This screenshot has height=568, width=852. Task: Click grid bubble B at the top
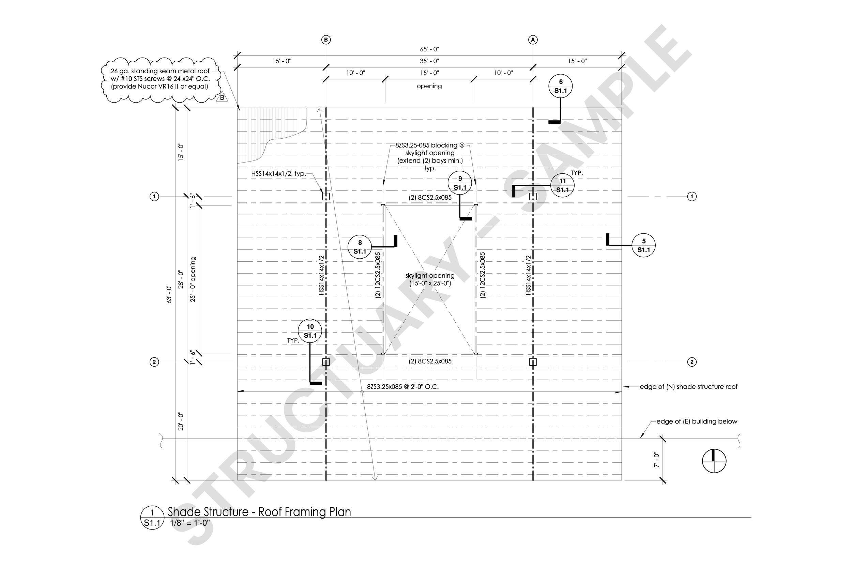pos(326,40)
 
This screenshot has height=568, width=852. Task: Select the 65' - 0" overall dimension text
pos(430,49)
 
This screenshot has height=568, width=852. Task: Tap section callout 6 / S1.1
pos(560,86)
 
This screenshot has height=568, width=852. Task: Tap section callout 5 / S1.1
pos(643,246)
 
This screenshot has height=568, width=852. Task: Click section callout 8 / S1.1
pos(360,247)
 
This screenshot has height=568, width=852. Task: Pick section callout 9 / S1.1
pos(460,183)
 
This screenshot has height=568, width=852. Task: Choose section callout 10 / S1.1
pos(310,331)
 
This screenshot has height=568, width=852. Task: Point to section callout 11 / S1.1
pos(562,185)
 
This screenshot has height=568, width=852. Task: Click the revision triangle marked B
pos(222,97)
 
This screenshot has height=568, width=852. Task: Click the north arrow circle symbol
pos(714,461)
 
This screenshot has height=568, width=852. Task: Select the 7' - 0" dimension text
pos(656,459)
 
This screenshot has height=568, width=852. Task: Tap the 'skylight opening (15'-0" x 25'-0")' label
pos(430,279)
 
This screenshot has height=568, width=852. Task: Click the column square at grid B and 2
pos(326,362)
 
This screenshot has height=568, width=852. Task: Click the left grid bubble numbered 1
pos(154,196)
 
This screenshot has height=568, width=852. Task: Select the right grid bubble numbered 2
pos(691,362)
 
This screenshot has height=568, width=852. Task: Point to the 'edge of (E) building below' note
pos(697,421)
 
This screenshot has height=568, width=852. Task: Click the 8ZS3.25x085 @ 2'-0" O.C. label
pos(403,386)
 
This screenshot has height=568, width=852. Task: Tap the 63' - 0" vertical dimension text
pos(169,294)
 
